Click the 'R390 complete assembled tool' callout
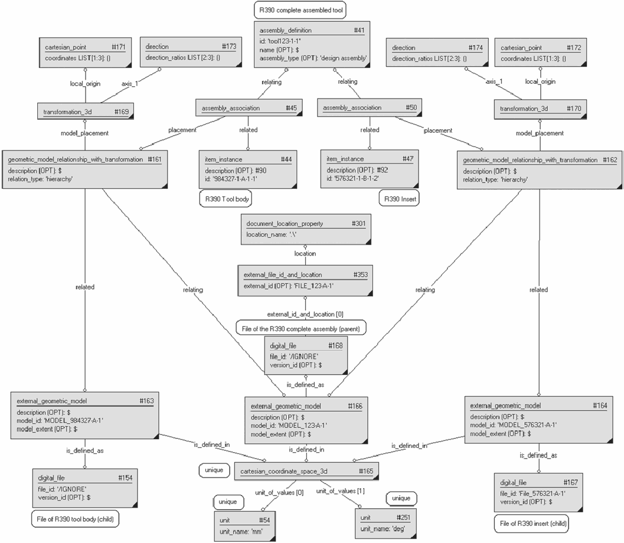click(x=300, y=10)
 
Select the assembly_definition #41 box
click(x=312, y=44)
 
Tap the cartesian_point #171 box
click(x=85, y=53)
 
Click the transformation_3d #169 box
click(x=86, y=112)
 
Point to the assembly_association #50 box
click(x=370, y=107)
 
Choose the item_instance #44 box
click(x=248, y=169)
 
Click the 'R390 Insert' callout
click(x=399, y=199)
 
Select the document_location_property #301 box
click(x=306, y=229)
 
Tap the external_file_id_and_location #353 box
click(x=305, y=280)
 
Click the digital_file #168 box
click(x=306, y=355)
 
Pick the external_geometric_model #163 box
click(x=85, y=416)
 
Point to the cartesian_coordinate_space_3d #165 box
click(x=306, y=472)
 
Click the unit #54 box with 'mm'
click(x=244, y=526)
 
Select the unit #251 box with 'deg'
click(x=385, y=524)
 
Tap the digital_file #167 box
click(x=538, y=492)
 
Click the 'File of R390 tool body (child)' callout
click(x=75, y=519)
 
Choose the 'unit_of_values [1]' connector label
click(x=340, y=491)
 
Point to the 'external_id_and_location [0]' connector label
click(x=305, y=314)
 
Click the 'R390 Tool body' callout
click(x=226, y=199)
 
